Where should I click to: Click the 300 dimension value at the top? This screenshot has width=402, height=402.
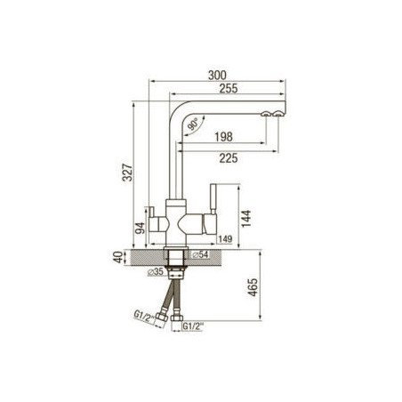217,76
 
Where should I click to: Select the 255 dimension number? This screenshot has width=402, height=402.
229,88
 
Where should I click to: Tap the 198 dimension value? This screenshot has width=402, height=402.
223,137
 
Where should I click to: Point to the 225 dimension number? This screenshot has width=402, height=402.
229,158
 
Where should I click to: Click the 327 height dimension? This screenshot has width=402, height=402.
128,173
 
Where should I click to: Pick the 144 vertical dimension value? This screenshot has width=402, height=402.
246,219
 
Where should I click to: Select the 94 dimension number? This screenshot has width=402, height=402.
140,229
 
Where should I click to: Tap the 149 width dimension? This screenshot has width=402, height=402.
225,239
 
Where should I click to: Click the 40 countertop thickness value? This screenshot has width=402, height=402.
118,257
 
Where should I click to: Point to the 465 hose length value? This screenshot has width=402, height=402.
253,287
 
